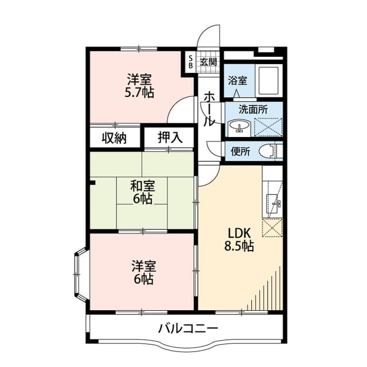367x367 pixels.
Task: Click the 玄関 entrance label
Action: coord(208,62)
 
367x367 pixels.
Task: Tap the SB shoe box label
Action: coord(190,62)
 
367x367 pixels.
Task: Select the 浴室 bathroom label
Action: coord(237,81)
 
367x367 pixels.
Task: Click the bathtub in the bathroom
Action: coord(268,80)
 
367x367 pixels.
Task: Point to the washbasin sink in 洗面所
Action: coord(239,126)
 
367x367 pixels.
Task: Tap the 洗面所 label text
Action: coord(253,110)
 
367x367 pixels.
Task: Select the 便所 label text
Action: coord(240,151)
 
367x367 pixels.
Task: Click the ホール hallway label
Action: coord(209,109)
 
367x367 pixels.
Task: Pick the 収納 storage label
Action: coord(114,138)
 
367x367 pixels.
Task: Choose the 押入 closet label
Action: coord(170,138)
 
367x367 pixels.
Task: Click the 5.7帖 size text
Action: coord(139,93)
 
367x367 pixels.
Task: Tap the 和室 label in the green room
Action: coord(143,186)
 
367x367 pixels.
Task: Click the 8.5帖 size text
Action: coord(239,246)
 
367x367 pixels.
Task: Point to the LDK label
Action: coord(240,233)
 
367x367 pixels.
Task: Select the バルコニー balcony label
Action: coord(188,329)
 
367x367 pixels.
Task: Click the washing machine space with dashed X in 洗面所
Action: coord(268,127)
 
